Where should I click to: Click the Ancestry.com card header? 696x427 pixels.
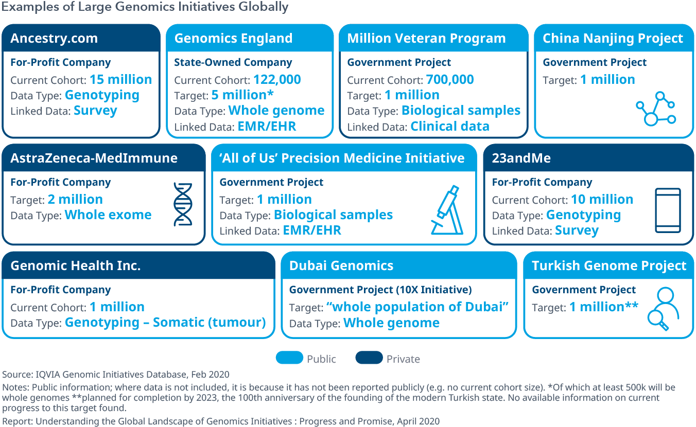[81, 38]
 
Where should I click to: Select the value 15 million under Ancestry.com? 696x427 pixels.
[121, 80]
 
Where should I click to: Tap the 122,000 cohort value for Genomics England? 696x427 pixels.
[277, 80]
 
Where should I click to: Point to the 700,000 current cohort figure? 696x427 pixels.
[450, 80]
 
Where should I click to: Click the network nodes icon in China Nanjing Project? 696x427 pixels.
[656, 109]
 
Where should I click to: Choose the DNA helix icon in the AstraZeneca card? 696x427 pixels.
[183, 204]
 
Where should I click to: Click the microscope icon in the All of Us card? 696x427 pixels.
[447, 210]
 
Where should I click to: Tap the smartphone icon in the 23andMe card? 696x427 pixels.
[668, 210]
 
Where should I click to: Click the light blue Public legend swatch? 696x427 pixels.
[289, 358]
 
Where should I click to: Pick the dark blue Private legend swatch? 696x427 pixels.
[369, 358]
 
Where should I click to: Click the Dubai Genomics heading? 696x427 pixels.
[341, 265]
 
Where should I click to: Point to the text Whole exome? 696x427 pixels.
[108, 215]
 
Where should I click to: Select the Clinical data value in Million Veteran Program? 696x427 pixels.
[450, 127]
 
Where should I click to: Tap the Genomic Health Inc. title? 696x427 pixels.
[76, 265]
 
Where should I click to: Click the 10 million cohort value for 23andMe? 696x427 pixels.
[602, 199]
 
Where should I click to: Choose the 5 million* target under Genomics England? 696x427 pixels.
[242, 95]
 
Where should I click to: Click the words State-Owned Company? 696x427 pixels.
[233, 62]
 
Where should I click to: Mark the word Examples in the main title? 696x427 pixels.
[30, 7]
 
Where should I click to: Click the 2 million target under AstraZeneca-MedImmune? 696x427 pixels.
[75, 199]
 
